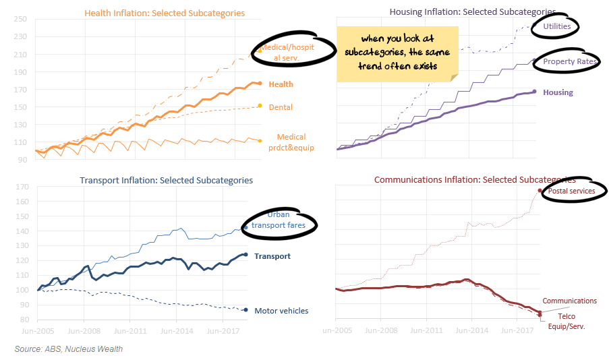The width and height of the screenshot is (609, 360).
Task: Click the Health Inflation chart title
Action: point(165,13)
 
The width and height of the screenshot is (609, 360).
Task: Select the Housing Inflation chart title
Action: point(472,11)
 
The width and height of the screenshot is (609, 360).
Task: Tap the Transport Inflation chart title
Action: point(166,180)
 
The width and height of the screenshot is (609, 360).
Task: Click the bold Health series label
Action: point(281,84)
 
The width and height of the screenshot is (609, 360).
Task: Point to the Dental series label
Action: point(281,107)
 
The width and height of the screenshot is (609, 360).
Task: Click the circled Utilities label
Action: point(557,26)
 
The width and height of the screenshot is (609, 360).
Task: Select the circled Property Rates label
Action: point(568,61)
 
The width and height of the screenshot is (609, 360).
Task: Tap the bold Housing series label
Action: point(557,92)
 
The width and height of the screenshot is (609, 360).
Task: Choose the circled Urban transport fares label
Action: point(279,220)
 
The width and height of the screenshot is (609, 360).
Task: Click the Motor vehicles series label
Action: point(281,311)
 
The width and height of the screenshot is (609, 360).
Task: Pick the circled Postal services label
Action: point(571,191)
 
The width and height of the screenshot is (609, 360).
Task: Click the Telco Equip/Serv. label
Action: point(571,321)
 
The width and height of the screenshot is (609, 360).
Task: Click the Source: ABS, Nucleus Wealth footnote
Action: point(69,349)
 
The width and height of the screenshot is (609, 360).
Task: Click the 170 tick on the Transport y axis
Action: point(23,187)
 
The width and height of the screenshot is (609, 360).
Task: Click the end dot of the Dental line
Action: point(260,106)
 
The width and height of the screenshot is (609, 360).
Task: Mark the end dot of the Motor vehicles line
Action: point(245,309)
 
